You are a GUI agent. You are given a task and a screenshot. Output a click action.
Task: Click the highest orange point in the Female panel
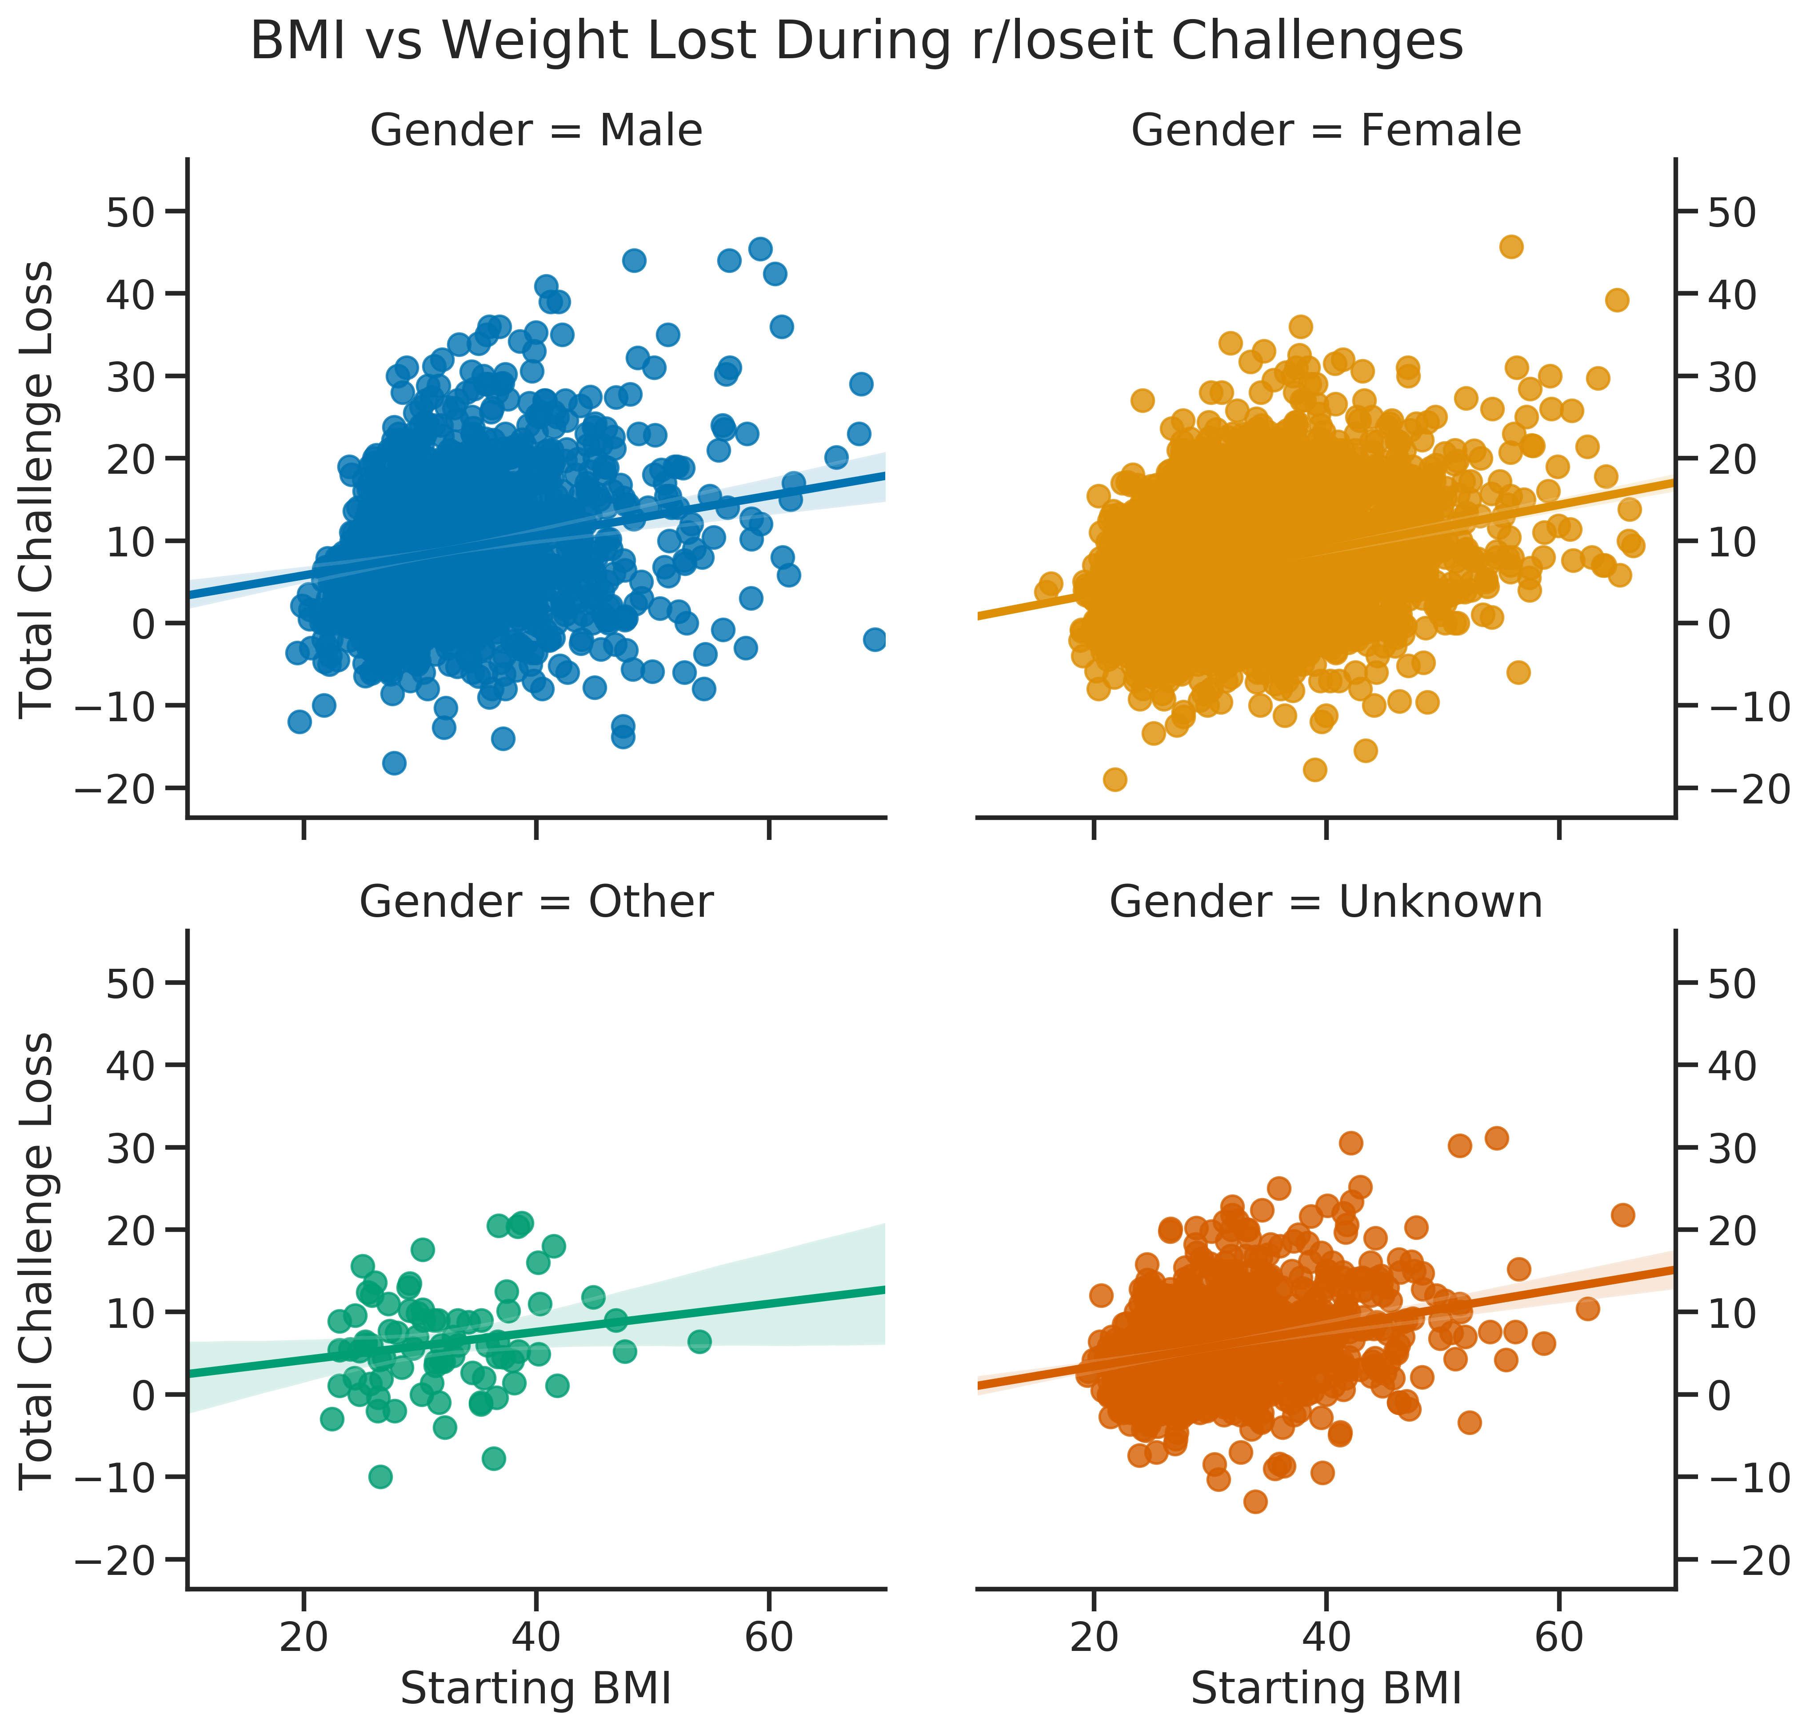click(x=1511, y=246)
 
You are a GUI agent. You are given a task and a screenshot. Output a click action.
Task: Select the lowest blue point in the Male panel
click(x=395, y=763)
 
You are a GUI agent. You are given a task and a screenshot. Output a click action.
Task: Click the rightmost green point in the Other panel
click(x=700, y=1341)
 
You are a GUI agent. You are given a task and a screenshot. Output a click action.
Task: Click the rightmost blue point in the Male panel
click(x=875, y=639)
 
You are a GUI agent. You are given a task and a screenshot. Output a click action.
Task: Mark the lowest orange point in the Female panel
click(x=1115, y=779)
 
